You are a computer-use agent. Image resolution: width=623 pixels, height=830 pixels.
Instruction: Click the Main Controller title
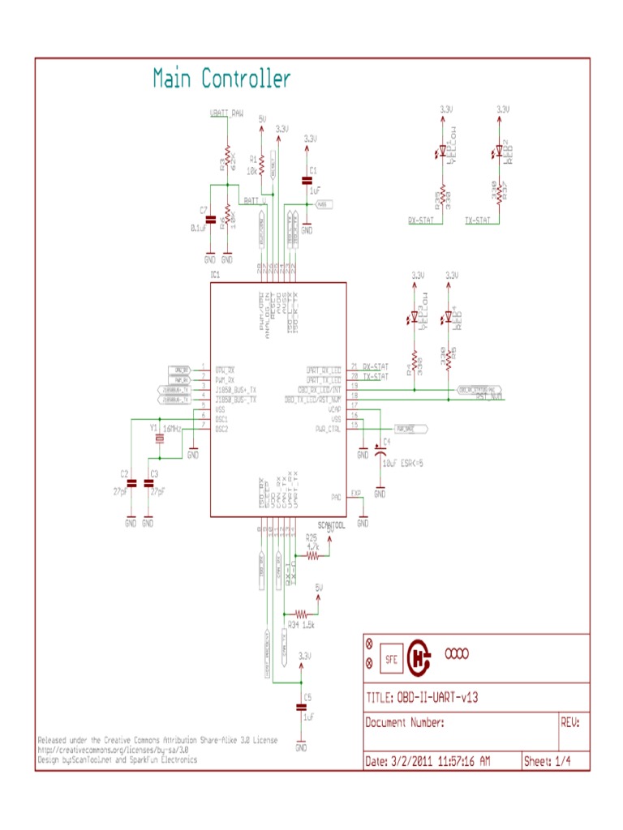[x=221, y=79]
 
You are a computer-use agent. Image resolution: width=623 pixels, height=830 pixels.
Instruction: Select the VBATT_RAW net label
[x=226, y=113]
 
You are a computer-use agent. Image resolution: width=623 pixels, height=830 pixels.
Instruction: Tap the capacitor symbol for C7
[x=210, y=220]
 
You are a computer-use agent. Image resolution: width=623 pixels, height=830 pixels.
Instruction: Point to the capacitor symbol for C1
[x=307, y=180]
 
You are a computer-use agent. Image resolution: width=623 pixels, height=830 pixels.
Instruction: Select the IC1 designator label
[x=216, y=276]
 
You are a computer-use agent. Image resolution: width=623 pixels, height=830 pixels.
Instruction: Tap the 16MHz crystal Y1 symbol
[x=160, y=440]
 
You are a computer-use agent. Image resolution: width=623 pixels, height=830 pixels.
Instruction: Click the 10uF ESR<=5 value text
[x=404, y=463]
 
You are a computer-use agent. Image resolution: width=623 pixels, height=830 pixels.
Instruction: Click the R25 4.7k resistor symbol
[x=311, y=555]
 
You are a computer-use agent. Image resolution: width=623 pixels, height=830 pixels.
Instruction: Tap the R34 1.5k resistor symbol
[x=301, y=614]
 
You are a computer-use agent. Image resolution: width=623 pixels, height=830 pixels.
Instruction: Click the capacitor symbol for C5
[x=301, y=708]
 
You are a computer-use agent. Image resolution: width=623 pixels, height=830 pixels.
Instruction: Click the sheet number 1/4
[x=561, y=762]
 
